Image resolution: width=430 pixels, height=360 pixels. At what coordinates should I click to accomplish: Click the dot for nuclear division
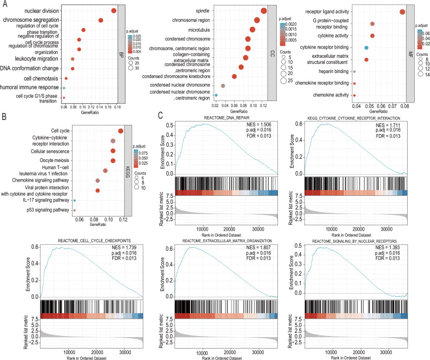(x=113, y=10)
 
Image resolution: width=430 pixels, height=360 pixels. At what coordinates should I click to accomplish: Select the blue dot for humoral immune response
(x=64, y=88)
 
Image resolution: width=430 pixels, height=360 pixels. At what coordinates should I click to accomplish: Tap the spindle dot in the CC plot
(x=264, y=11)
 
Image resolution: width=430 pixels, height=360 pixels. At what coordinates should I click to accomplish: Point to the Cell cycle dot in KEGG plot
(x=120, y=130)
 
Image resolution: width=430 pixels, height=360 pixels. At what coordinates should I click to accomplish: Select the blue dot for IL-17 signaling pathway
(x=74, y=201)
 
